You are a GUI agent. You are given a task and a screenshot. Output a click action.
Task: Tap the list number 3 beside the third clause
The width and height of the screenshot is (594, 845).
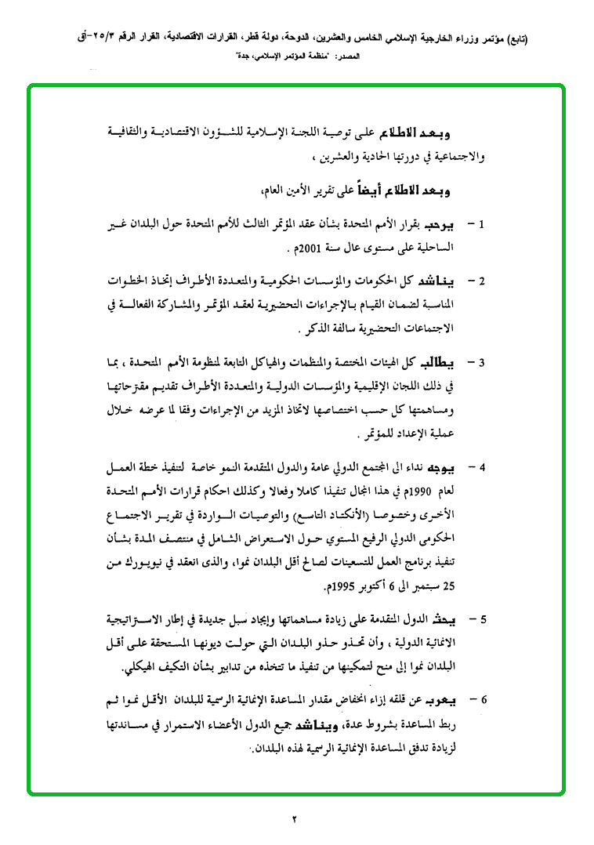click(x=483, y=363)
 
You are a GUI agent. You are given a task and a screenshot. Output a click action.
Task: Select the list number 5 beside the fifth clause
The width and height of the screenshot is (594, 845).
click(x=483, y=620)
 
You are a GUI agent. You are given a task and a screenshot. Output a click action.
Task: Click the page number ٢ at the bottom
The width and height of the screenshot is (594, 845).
click(x=296, y=820)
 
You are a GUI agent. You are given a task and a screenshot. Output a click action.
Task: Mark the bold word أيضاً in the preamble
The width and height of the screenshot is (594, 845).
click(x=362, y=188)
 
